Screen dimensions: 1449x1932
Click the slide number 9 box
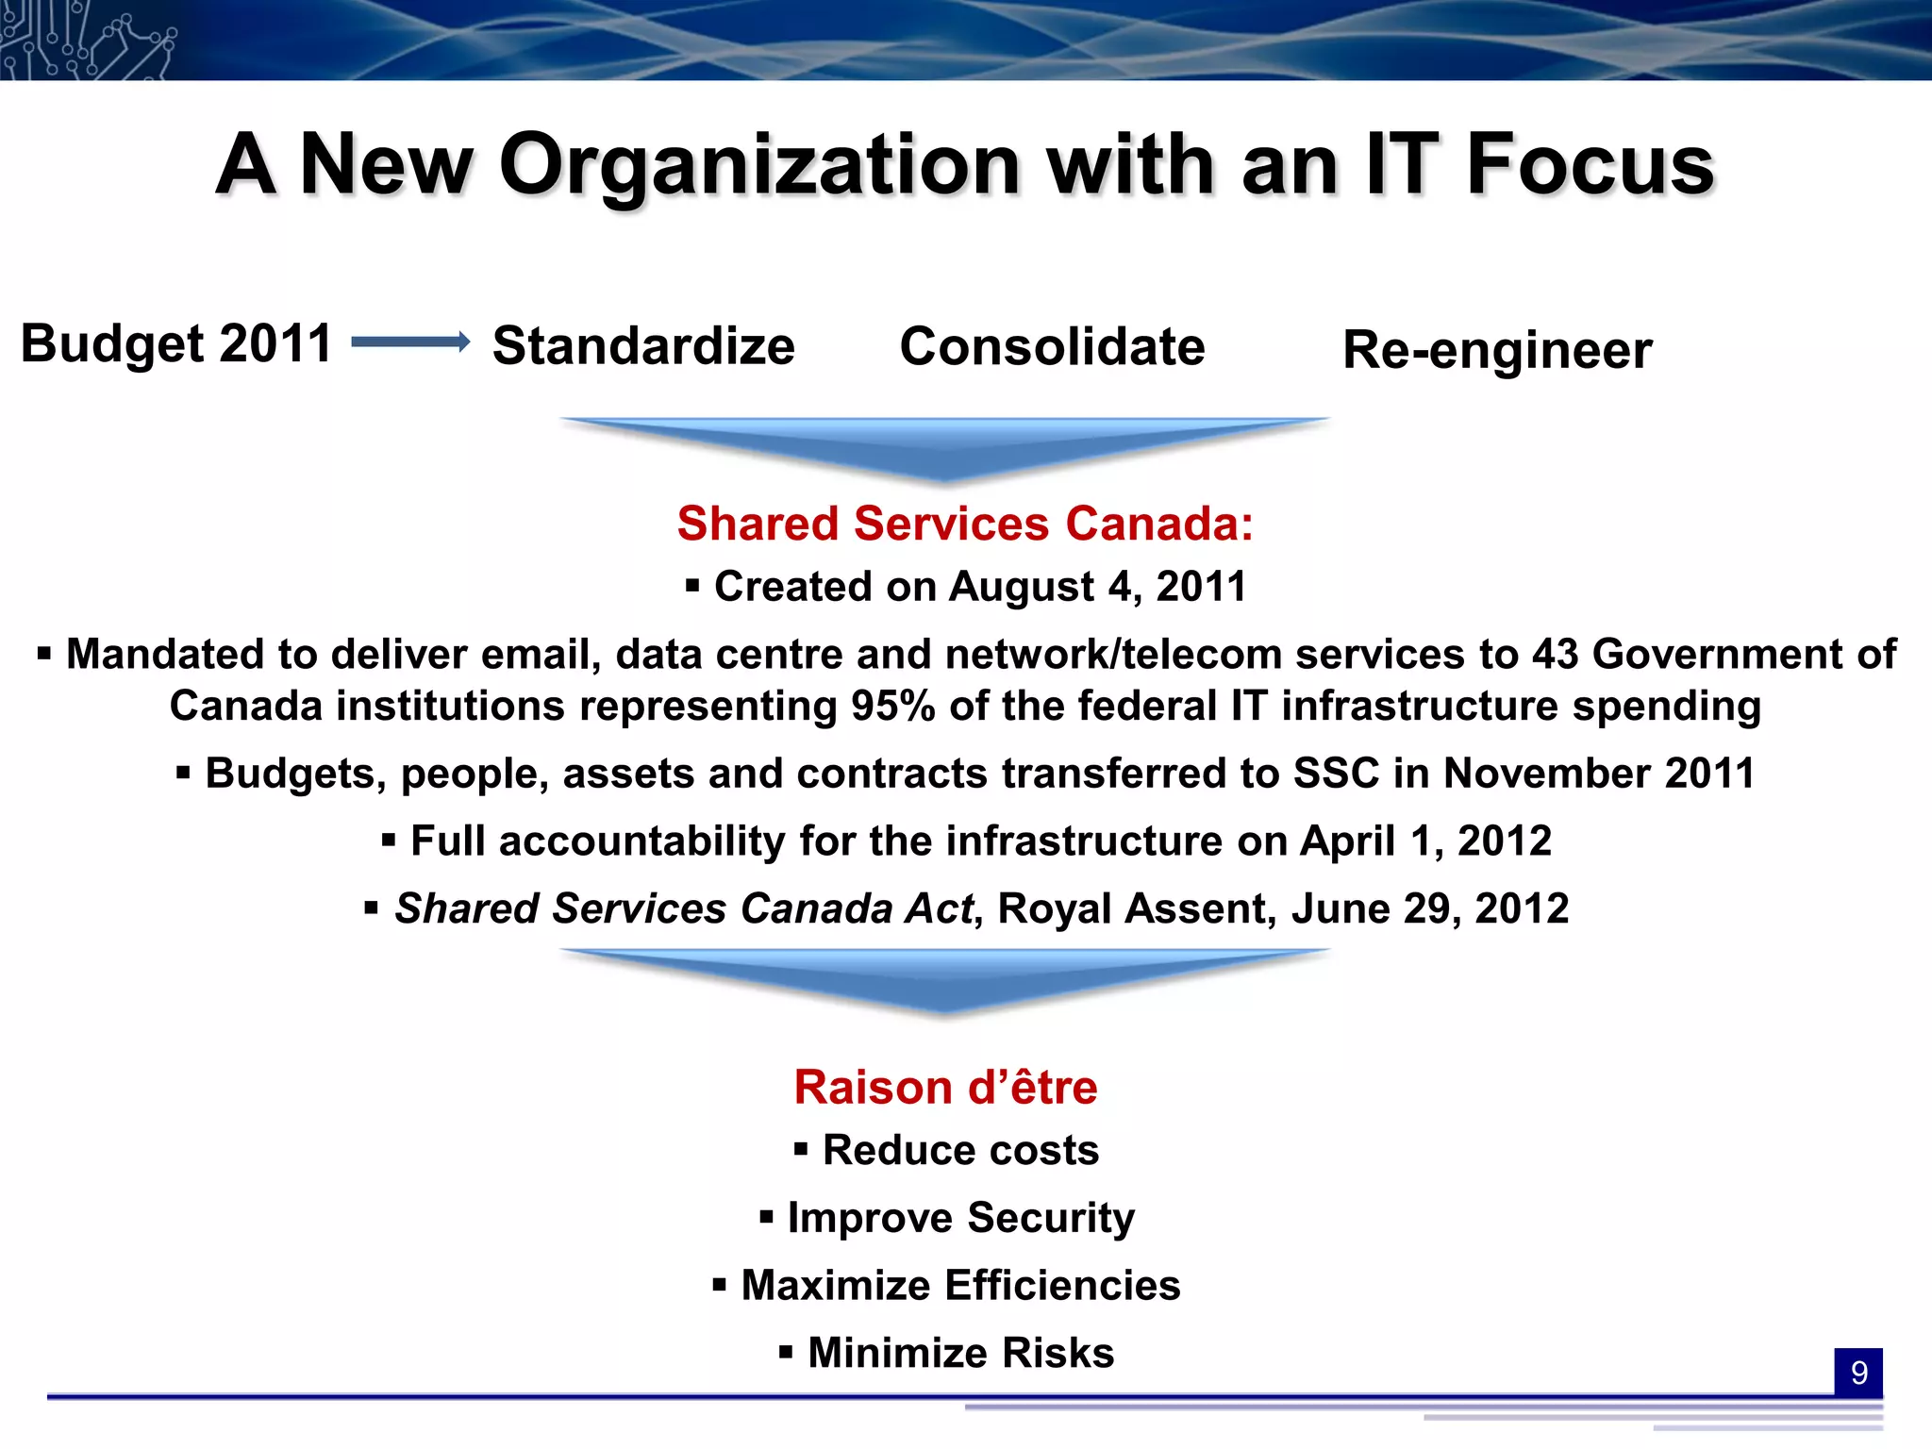[1857, 1373]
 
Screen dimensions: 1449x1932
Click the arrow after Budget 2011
[410, 341]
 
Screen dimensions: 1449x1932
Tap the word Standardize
[643, 345]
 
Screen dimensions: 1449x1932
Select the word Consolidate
[1052, 346]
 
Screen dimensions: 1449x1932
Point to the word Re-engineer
[1497, 350]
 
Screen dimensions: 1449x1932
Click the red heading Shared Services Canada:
[965, 524]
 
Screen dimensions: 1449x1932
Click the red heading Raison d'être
[945, 1087]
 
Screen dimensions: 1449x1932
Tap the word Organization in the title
[759, 165]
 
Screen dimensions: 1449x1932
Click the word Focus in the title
[1590, 165]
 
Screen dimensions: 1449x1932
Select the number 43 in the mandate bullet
[1555, 654]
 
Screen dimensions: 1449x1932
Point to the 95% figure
[892, 706]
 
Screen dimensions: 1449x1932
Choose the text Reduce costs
[960, 1150]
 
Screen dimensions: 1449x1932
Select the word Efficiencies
[1062, 1285]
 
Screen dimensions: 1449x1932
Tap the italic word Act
[938, 908]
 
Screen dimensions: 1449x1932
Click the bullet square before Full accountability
[389, 839]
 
